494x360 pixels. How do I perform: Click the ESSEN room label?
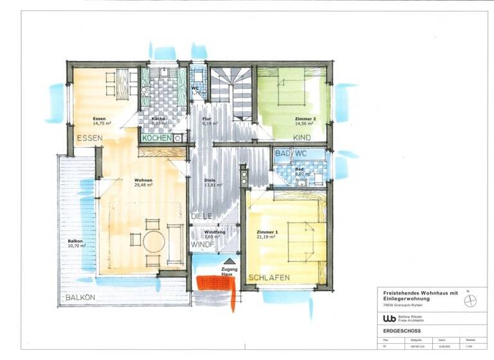pos(90,138)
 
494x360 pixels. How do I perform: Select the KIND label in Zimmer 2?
pos(301,138)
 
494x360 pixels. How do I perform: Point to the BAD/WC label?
pos(291,154)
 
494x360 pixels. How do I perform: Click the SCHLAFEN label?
pos(269,278)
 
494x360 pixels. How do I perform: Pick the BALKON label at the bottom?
pos(80,298)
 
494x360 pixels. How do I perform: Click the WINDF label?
pos(203,245)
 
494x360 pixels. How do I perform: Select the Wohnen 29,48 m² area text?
pos(143,183)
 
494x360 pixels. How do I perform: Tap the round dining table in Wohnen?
pos(154,242)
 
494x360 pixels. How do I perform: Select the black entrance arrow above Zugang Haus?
pos(230,261)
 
